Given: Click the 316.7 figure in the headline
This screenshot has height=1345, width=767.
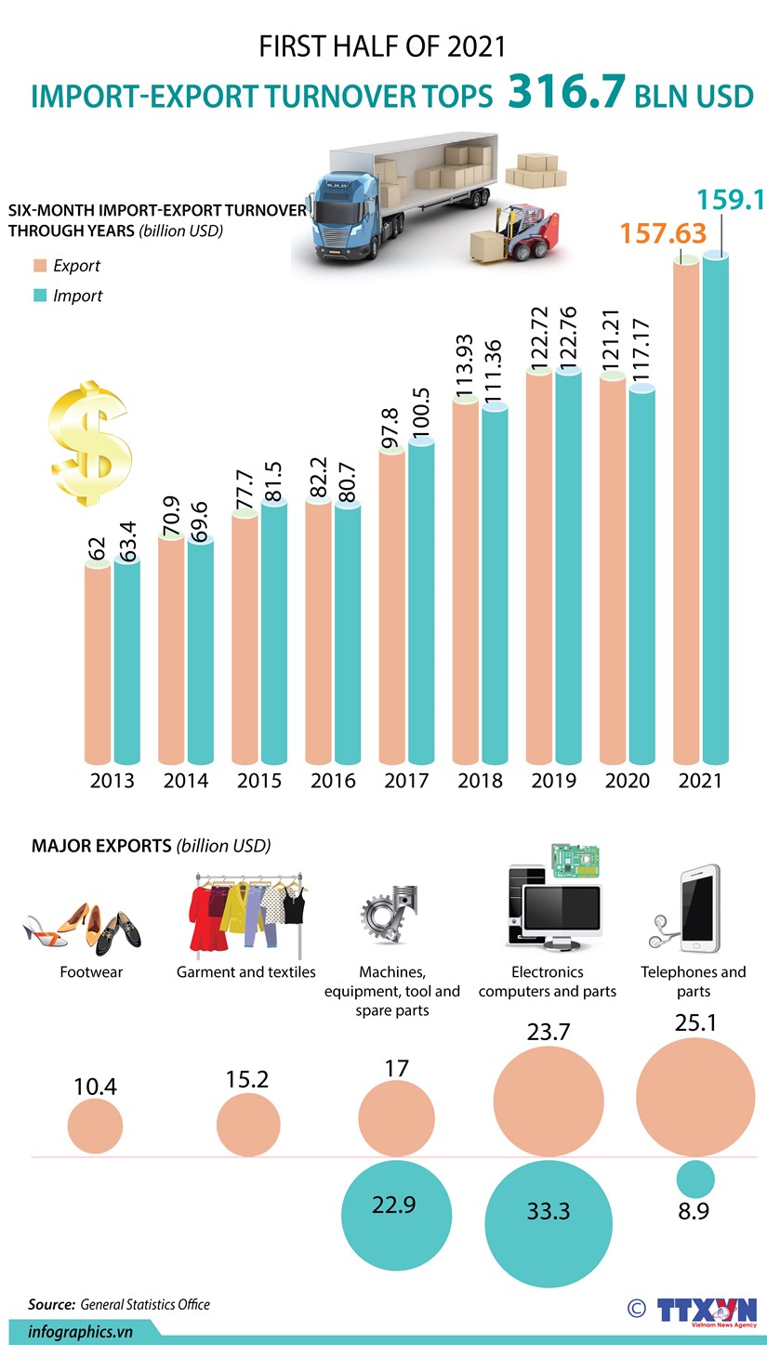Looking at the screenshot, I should pyautogui.click(x=565, y=94).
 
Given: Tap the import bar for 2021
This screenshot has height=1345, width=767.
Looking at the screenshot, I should pyautogui.click(x=715, y=511).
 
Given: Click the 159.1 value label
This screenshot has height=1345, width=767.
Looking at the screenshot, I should pyautogui.click(x=730, y=200).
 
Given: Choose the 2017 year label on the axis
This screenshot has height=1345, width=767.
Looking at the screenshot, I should pyautogui.click(x=405, y=781).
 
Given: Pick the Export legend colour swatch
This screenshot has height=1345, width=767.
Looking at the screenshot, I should pyautogui.click(x=39, y=266).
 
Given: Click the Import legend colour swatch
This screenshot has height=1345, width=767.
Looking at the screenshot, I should pyautogui.click(x=39, y=296).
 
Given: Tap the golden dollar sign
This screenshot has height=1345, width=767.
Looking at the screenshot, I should pyautogui.click(x=91, y=443).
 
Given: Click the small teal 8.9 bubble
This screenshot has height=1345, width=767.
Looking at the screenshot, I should pyautogui.click(x=694, y=1179).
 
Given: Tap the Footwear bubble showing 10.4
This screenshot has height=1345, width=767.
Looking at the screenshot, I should pyautogui.click(x=95, y=1126).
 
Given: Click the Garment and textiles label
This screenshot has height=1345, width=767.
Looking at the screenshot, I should pyautogui.click(x=246, y=972).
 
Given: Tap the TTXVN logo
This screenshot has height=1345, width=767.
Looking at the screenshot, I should pyautogui.click(x=707, y=1309).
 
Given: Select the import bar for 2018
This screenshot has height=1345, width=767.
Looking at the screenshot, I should pyautogui.click(x=495, y=586).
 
